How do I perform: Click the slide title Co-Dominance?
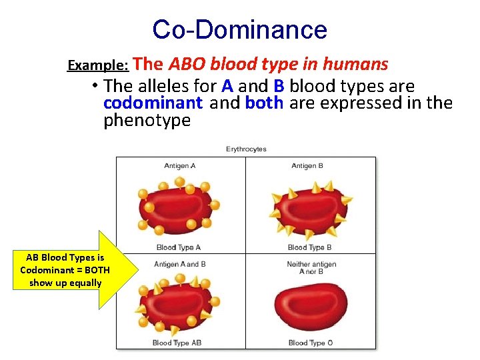point(239,29)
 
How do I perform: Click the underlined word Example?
point(99,66)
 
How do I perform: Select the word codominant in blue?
point(153,103)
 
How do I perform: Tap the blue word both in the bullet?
point(264,103)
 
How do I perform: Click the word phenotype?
point(147,121)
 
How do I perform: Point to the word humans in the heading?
point(355,64)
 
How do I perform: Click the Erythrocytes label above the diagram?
point(246,149)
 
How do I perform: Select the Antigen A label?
point(181,166)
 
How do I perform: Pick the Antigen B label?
point(307,166)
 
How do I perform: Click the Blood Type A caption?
point(178,247)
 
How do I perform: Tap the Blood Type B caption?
point(310,247)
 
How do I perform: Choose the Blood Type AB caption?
point(177,343)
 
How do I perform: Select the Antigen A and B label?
point(180,265)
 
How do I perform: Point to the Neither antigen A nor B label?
point(311,268)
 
